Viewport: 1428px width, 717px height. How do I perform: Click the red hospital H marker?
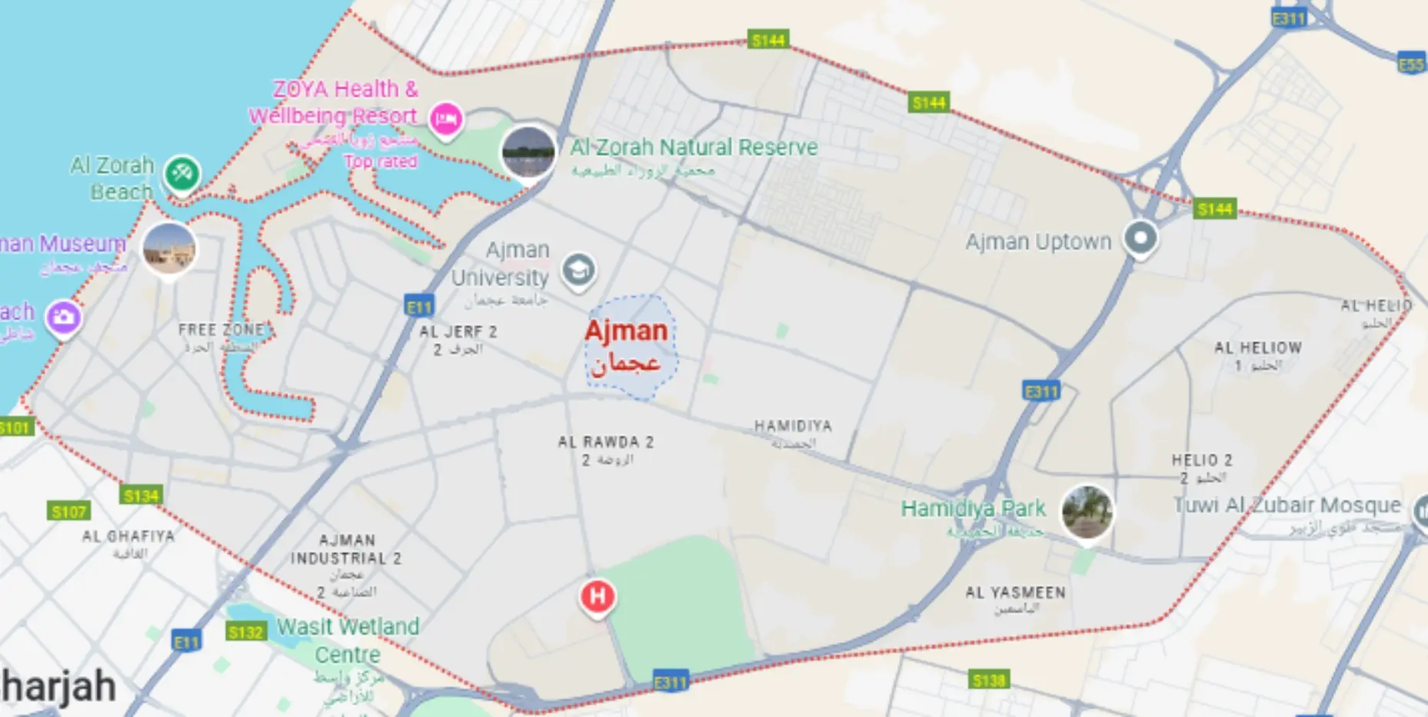(x=597, y=596)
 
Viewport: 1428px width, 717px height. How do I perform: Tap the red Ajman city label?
(x=626, y=331)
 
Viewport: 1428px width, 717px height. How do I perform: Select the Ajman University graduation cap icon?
(x=578, y=270)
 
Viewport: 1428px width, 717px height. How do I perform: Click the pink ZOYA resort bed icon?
(x=446, y=119)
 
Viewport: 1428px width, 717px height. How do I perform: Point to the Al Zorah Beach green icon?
(x=181, y=174)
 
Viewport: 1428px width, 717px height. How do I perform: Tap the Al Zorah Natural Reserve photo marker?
(x=528, y=152)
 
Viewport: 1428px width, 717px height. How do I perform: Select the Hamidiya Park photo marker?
(x=1087, y=512)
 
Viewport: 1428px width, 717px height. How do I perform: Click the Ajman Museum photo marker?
(x=169, y=248)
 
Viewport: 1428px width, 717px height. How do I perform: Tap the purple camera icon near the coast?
(x=63, y=317)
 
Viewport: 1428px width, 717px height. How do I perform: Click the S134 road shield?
(x=141, y=496)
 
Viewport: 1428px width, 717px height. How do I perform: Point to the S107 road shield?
(x=69, y=512)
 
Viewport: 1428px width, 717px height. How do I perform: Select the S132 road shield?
(x=246, y=632)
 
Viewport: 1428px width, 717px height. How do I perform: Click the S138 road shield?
(x=988, y=680)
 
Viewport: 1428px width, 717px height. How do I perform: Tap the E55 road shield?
(x=1411, y=65)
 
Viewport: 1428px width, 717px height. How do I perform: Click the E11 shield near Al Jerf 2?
(x=419, y=308)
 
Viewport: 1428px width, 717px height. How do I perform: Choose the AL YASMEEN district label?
(x=1015, y=593)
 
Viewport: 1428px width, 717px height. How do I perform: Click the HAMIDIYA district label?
(x=793, y=426)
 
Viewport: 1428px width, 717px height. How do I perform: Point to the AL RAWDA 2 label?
(x=605, y=442)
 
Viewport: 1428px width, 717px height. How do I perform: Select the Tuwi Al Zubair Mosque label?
(x=1287, y=505)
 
